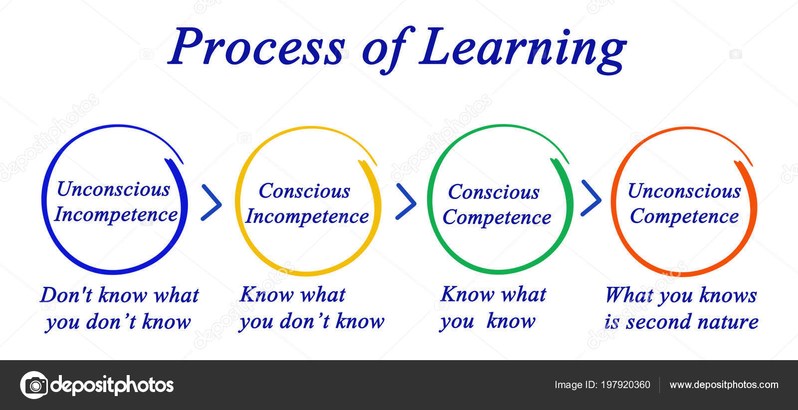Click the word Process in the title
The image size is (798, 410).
pos(257,47)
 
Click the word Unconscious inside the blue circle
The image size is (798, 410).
pos(113,189)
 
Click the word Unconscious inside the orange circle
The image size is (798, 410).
pos(684,191)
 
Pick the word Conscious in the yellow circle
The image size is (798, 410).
pos(305,191)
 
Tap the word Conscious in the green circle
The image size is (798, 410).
pos(494,193)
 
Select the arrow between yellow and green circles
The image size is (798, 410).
pos(406,202)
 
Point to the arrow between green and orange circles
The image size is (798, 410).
pos(591,199)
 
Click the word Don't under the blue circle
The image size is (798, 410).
pos(67,295)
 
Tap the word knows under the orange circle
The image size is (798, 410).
pos(728,295)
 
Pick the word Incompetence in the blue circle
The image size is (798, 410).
pos(116,215)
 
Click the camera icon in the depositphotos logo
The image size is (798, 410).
pos(34,385)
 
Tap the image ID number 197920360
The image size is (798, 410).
pos(625,385)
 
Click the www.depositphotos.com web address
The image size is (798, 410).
pos(724,385)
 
